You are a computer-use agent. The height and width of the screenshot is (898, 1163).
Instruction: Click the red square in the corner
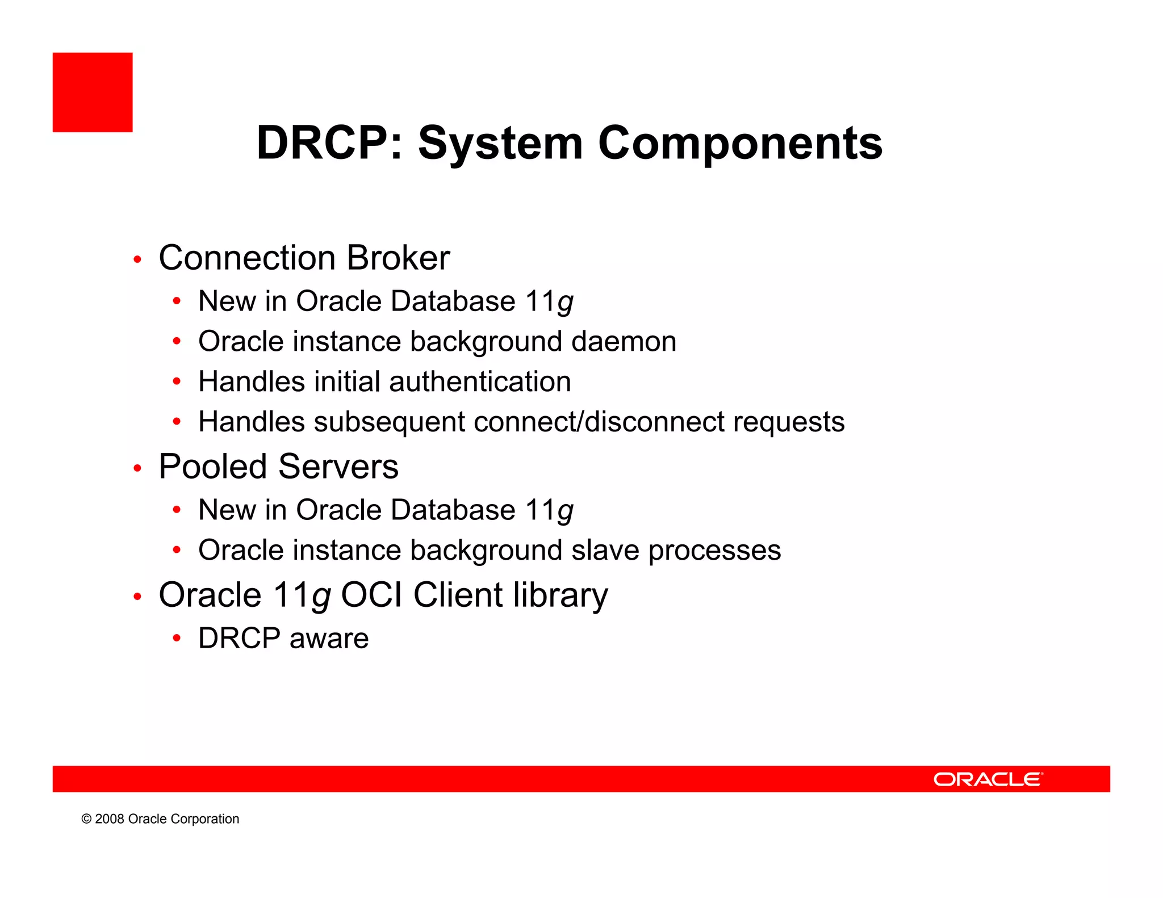click(93, 93)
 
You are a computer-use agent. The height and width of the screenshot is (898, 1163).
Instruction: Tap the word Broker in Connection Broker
click(398, 258)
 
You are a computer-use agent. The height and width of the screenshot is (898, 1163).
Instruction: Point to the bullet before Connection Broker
click(137, 260)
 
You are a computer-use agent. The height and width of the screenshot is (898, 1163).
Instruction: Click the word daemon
click(624, 342)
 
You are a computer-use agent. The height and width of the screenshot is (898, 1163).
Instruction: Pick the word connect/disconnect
click(599, 422)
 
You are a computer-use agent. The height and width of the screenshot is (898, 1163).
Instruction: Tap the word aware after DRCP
click(329, 639)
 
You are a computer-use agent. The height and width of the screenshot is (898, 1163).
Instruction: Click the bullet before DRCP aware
click(177, 639)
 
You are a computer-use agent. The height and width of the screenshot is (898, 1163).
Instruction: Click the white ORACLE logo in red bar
click(988, 779)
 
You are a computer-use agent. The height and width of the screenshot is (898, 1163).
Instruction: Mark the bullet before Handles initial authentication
click(177, 382)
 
